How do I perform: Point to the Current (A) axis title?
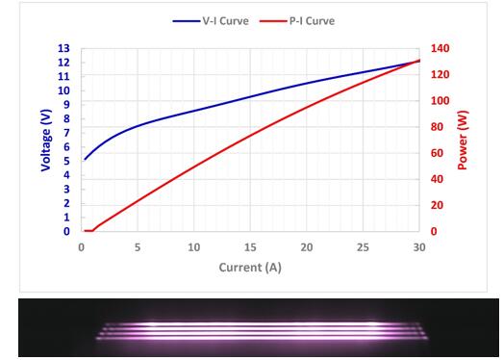[x=250, y=266]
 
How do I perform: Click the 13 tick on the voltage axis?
[x=64, y=48]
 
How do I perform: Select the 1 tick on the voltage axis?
[x=65, y=218]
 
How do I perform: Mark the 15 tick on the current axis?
[x=250, y=246]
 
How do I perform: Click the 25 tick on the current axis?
[x=363, y=246]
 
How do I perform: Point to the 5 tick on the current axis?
[x=138, y=246]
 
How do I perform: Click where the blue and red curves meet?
[x=418, y=61]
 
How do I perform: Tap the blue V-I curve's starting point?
[x=85, y=159]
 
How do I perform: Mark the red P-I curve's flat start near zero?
[x=88, y=231]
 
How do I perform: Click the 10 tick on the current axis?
[x=193, y=246]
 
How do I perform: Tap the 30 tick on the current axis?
[x=418, y=246]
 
